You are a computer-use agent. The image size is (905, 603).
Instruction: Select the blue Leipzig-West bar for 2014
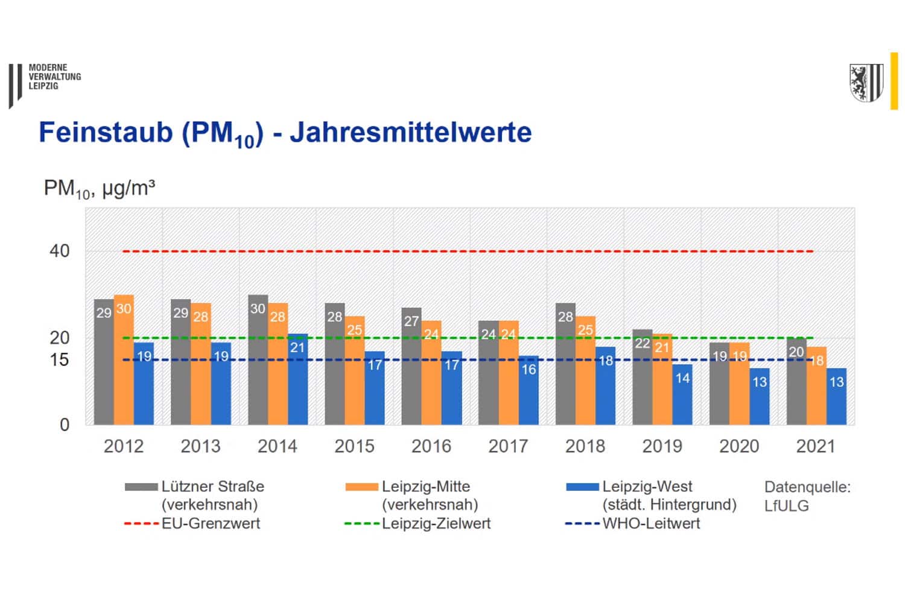(x=297, y=380)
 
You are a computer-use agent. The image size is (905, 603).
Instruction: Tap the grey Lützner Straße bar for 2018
(x=565, y=364)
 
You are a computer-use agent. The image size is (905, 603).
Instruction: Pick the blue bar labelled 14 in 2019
(x=682, y=395)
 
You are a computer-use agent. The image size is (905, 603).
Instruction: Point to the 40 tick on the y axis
(x=60, y=251)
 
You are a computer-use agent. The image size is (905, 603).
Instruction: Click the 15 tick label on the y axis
(x=60, y=360)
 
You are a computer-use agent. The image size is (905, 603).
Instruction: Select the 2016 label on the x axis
(x=431, y=446)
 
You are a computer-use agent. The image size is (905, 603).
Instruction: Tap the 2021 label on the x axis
(x=815, y=446)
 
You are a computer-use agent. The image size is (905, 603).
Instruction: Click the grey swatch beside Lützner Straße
(x=141, y=487)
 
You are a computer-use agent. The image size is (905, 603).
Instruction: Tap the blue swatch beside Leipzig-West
(x=582, y=487)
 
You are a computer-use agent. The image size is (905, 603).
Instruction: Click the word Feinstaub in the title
(x=106, y=132)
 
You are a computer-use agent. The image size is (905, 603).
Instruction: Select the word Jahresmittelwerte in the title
(x=410, y=132)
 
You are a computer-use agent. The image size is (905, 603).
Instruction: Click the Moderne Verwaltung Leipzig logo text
(x=54, y=77)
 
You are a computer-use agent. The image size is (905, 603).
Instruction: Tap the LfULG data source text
(x=786, y=506)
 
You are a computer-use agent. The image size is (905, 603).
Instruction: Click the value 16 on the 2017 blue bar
(x=529, y=370)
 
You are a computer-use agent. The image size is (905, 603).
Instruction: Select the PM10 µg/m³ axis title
(x=99, y=189)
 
